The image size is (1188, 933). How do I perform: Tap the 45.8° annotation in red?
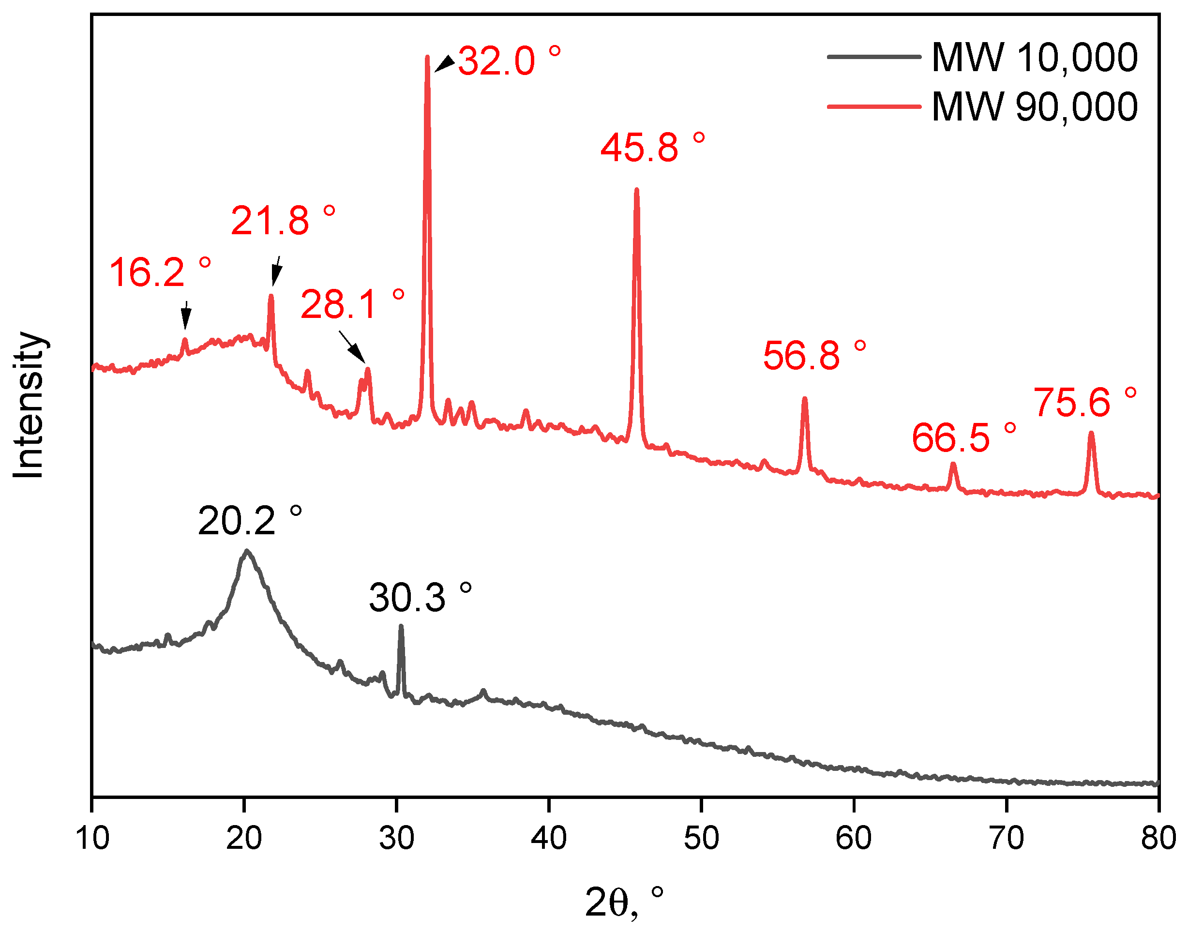pyautogui.click(x=652, y=148)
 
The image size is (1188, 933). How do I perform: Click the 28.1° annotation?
pyautogui.click(x=352, y=304)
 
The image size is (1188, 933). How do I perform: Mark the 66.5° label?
pyautogui.click(x=963, y=437)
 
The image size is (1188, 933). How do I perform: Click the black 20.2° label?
pyautogui.click(x=249, y=521)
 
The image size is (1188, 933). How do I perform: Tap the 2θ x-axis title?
pyautogui.click(x=623, y=902)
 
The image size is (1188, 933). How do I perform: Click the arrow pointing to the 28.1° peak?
pyautogui.click(x=352, y=346)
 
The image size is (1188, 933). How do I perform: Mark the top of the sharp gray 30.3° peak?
pyautogui.click(x=401, y=627)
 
